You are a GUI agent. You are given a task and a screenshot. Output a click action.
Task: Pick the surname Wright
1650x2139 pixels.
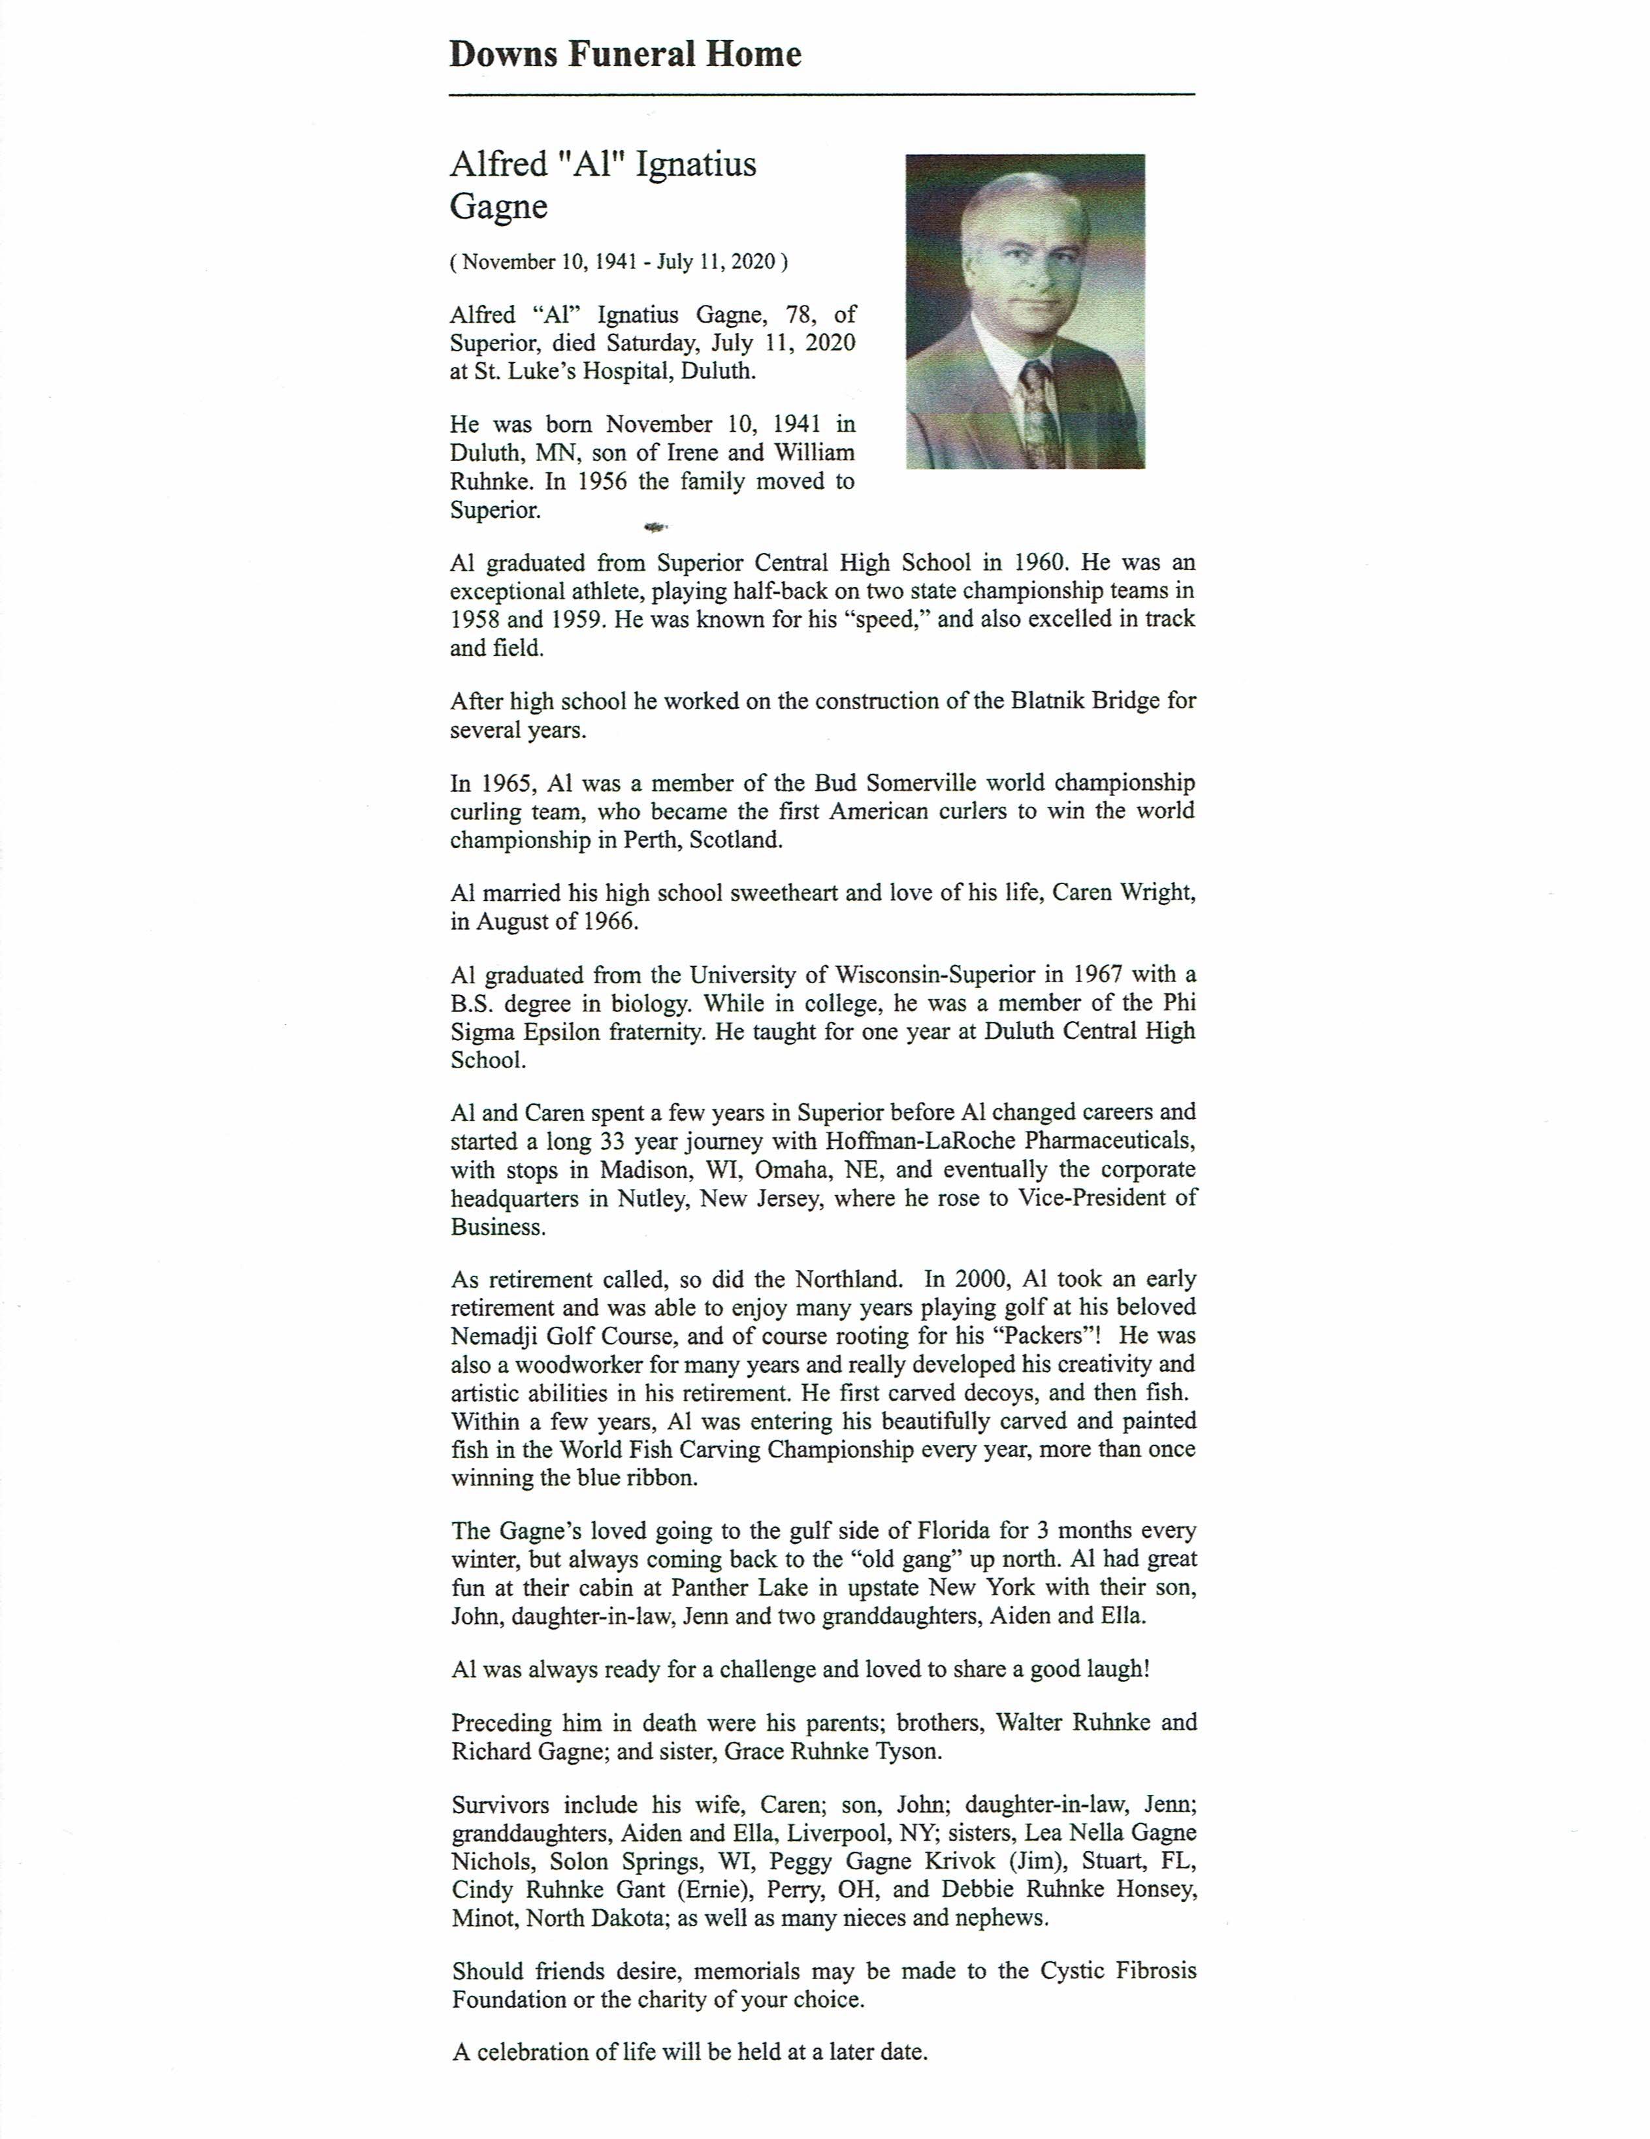(1156, 893)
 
